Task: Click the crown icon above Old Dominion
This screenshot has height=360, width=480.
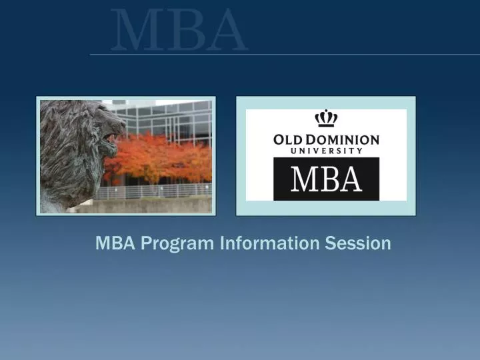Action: pos(326,119)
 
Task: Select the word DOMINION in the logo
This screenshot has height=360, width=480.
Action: pos(343,140)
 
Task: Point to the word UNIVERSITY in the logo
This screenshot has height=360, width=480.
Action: pos(326,151)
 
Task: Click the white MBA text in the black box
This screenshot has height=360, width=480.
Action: pos(326,179)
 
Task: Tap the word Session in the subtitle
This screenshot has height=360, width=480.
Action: pos(358,243)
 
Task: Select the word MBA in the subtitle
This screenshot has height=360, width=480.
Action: pos(114,243)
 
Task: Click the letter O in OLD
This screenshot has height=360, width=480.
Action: pos(281,140)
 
